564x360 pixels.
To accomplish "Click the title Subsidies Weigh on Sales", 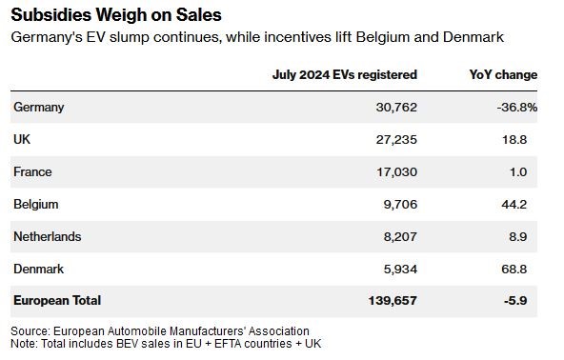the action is pos(116,15).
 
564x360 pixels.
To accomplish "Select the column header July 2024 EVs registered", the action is pos(345,75).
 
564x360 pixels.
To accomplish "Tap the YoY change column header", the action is pos(503,75).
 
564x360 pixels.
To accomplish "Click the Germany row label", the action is pos(39,108).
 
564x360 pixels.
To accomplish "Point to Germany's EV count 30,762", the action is pos(396,108).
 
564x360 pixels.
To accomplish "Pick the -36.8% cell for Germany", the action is pos(517,108).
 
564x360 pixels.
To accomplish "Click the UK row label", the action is pos(22,139).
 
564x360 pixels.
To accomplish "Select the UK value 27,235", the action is pos(396,140).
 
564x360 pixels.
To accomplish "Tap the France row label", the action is pos(32,171).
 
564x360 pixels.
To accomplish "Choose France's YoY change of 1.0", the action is pos(518,172).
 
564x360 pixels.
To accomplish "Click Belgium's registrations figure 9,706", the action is pos(400,204).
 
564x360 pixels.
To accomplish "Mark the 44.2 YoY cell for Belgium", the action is pos(514,204).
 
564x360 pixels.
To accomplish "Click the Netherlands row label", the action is pos(48,236).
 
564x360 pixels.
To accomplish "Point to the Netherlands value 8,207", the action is pos(400,236).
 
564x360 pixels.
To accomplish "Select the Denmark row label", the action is pos(39,269).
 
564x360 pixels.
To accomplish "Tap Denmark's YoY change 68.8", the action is pos(514,269).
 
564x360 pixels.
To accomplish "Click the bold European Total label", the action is pos(57,300).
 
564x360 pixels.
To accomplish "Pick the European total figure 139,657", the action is pos(393,301).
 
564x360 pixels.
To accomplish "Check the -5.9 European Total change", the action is pos(515,301).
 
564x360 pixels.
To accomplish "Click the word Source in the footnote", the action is pos(30,330).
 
